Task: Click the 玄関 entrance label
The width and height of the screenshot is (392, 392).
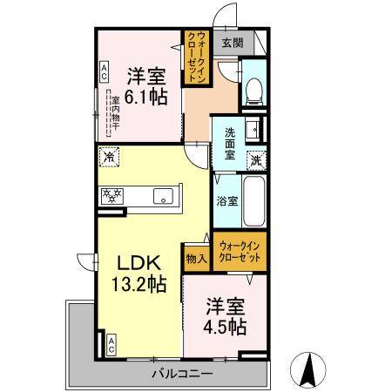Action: pyautogui.click(x=232, y=41)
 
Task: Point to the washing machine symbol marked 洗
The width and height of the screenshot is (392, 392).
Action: pyautogui.click(x=256, y=159)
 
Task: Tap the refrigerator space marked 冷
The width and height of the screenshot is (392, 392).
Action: pyautogui.click(x=110, y=159)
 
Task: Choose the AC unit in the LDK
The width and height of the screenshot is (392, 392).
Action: pyautogui.click(x=111, y=344)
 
